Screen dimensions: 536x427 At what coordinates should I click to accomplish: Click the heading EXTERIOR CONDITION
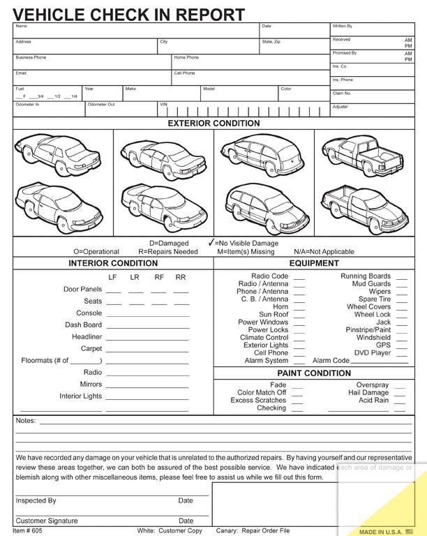point(213,124)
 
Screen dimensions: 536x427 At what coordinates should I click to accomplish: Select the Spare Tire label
point(375,299)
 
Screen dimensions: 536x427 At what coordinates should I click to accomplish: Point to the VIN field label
point(163,105)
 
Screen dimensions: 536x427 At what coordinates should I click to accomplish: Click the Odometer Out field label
point(101,105)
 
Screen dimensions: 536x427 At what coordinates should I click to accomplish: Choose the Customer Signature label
point(47,521)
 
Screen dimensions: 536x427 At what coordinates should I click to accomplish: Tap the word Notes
point(25,421)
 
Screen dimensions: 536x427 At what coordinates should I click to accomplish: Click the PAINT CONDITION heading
point(314,373)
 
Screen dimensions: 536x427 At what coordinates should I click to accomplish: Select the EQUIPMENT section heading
point(314,264)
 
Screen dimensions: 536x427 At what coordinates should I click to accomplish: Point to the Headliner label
point(87,337)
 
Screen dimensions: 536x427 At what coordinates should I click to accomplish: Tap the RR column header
point(181,277)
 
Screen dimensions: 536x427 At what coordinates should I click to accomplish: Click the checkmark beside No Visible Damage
point(211,243)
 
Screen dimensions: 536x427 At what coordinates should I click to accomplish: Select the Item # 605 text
point(27,530)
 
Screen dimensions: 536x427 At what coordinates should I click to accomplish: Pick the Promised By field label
point(345,53)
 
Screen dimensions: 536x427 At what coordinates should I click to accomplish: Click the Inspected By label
point(36,500)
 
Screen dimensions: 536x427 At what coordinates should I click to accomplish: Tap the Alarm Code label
point(331,361)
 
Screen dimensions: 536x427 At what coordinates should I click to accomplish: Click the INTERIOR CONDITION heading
point(113,264)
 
